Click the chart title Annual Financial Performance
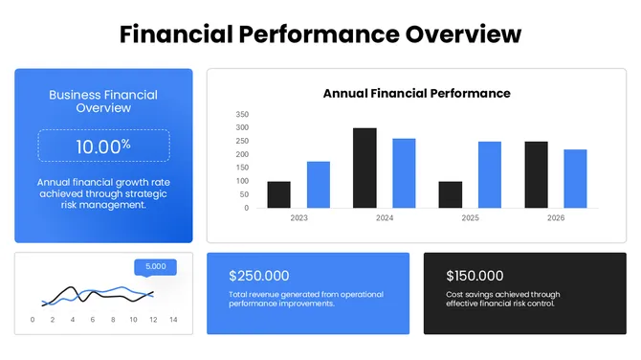coord(416,93)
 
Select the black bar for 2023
coord(278,194)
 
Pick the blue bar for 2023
coord(319,185)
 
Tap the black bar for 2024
coord(365,168)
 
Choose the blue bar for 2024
coord(404,173)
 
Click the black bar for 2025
coord(450,194)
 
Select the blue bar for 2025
coord(490,174)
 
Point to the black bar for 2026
coord(536,174)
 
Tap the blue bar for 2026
coord(575,178)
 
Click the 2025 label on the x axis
coord(470,218)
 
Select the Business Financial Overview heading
coord(103,101)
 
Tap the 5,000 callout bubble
coord(155,267)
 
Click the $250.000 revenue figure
coord(258,276)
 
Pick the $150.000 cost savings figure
coord(475,276)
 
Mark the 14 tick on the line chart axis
coord(173,320)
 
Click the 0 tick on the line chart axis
coord(33,320)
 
